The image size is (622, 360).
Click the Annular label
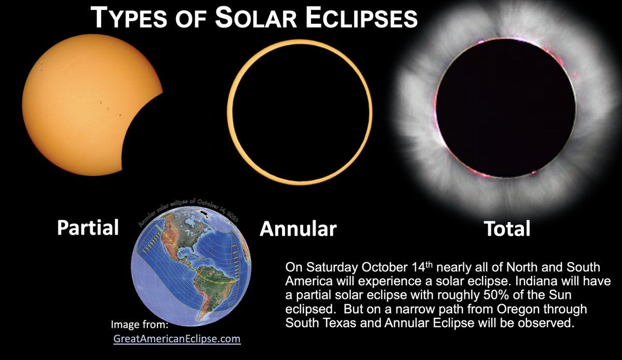click(x=298, y=228)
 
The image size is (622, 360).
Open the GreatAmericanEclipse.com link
click(x=177, y=339)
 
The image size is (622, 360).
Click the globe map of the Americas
click(x=191, y=269)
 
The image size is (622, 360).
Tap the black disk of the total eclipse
click(x=506, y=108)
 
